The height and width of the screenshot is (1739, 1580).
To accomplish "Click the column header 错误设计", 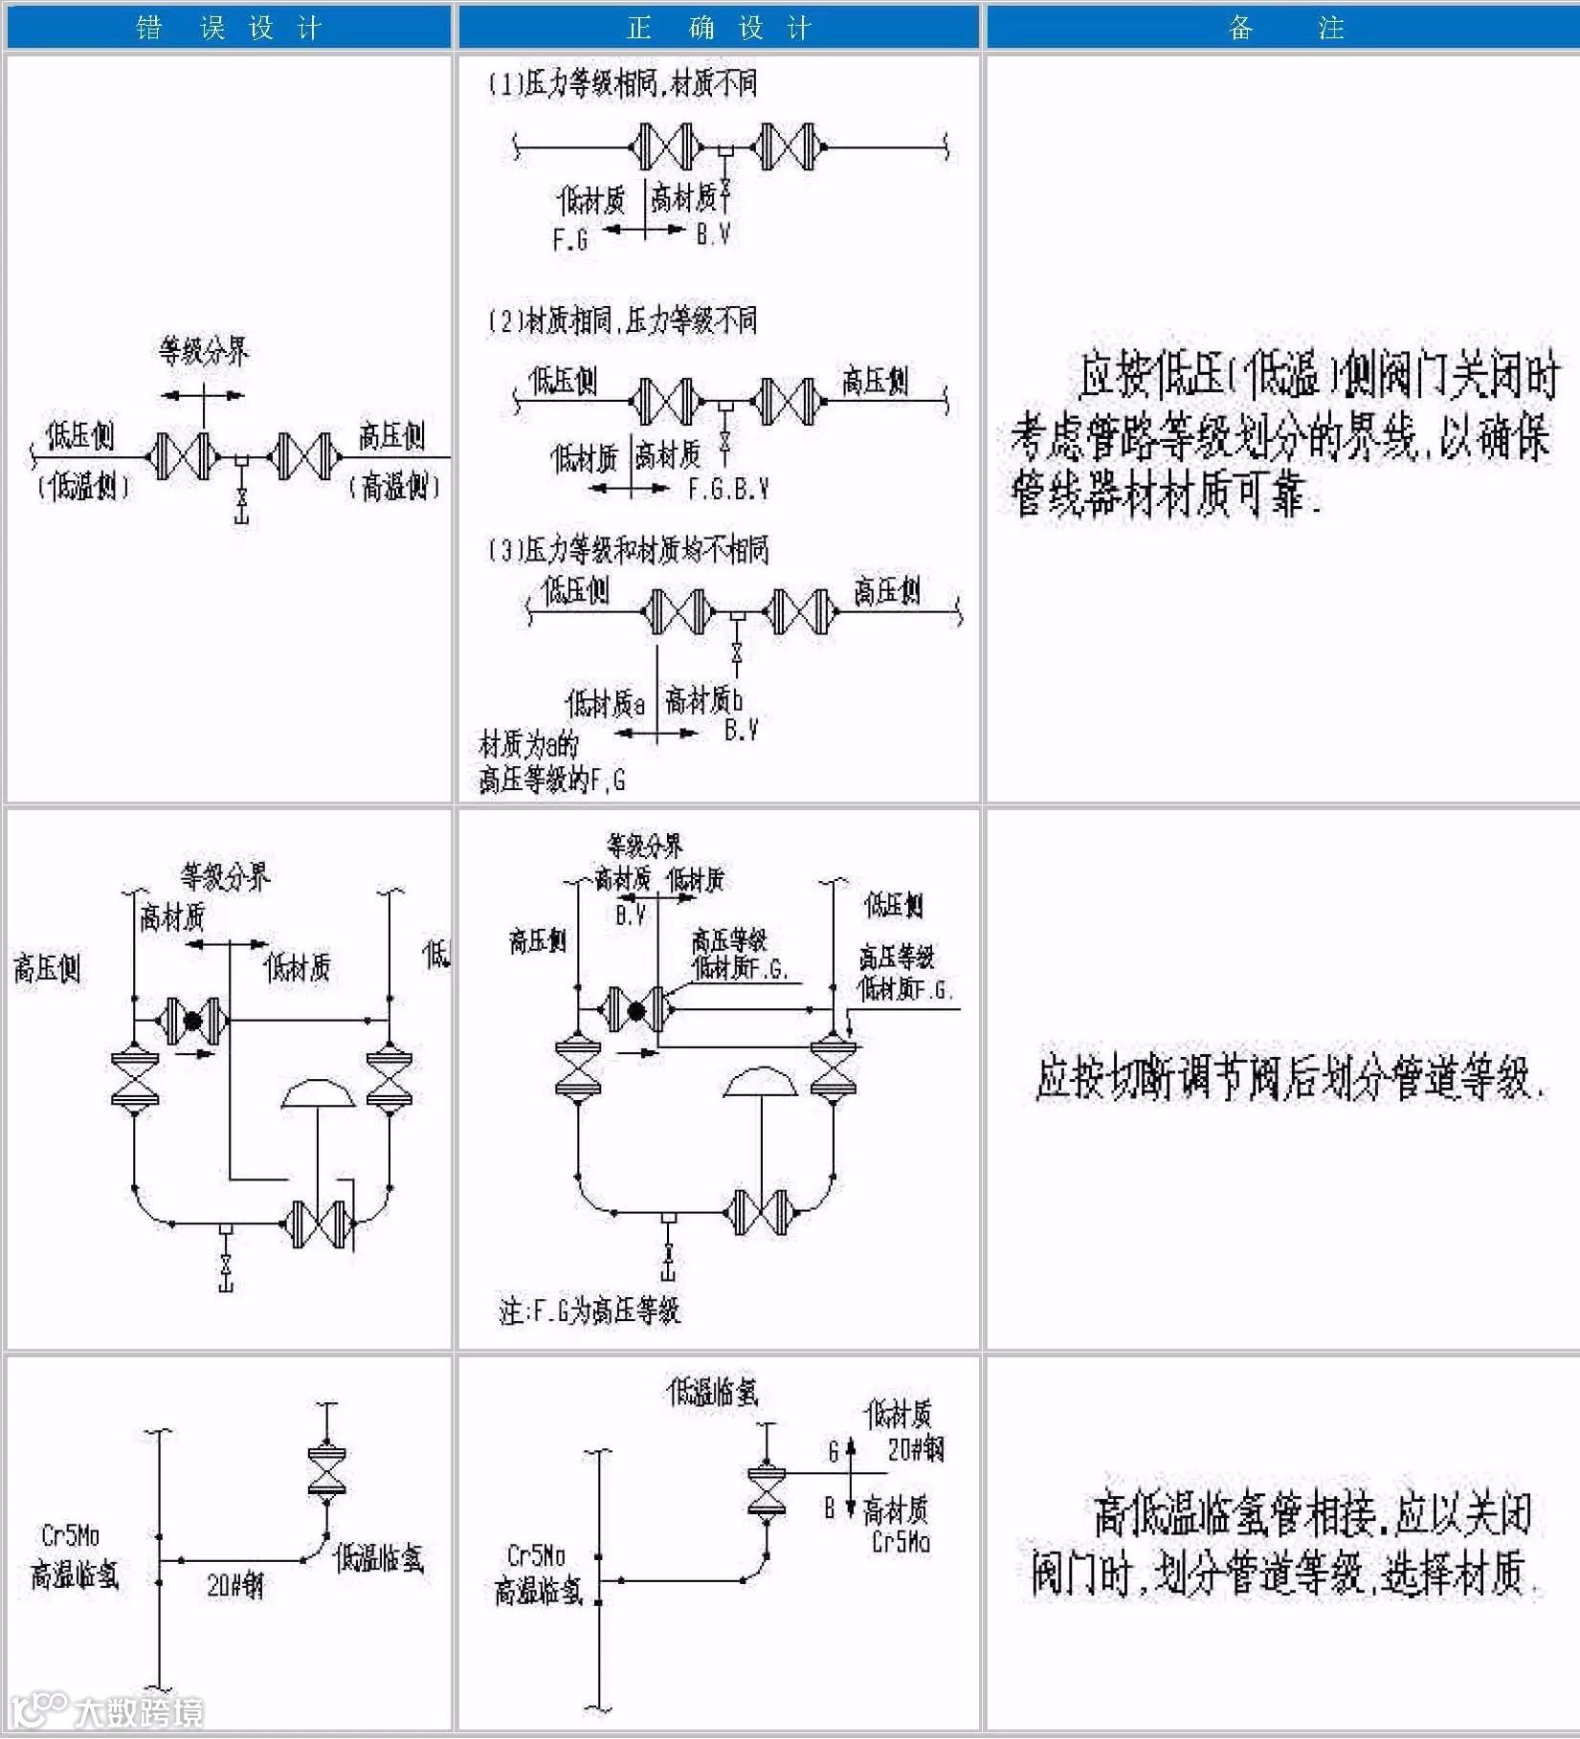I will click(228, 27).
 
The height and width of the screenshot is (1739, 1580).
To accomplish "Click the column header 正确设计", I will click(718, 27).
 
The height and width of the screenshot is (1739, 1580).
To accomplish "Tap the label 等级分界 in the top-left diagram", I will click(203, 352).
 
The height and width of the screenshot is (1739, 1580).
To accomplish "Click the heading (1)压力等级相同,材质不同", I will click(623, 83).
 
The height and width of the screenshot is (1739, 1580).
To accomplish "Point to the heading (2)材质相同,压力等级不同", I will click(623, 319).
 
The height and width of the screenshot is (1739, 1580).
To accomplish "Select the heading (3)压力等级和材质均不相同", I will click(629, 549).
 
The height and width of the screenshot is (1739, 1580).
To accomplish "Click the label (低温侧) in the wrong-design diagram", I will click(82, 486).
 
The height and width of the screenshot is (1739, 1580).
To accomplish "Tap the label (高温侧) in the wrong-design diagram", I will click(393, 486).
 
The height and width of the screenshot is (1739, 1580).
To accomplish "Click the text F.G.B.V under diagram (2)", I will click(728, 489).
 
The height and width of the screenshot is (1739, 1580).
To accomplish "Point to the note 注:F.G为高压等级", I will click(590, 1310).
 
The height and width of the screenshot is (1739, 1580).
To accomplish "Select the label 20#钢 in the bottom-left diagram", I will click(234, 1586).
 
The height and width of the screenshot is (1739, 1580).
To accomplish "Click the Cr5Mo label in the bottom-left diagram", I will click(70, 1535).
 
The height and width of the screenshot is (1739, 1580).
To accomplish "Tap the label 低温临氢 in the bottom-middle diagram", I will click(712, 1392).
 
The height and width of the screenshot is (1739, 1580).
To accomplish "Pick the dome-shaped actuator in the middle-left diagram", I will click(318, 1094).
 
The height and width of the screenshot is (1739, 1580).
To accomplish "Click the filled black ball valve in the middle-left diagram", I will click(192, 1021).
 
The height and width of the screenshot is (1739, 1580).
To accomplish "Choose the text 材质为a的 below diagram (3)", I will click(528, 743).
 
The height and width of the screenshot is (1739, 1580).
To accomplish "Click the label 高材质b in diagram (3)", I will click(703, 701).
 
